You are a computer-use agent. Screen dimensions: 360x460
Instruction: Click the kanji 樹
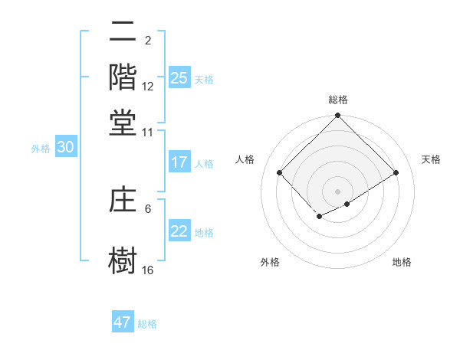123,260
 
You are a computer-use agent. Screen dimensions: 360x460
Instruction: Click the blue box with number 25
179,77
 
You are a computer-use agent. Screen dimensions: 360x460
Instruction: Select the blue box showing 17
179,162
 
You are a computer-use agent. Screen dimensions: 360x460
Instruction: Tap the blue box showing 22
179,231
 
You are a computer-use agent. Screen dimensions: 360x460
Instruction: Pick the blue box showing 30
65,148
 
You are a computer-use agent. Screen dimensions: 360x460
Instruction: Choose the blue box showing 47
123,322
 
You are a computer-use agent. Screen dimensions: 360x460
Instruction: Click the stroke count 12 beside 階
148,86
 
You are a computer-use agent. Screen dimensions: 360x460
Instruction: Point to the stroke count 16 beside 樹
148,270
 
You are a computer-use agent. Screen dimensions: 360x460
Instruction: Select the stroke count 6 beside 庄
148,208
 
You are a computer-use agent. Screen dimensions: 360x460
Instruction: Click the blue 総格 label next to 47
148,324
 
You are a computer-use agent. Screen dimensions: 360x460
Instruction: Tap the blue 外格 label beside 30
41,149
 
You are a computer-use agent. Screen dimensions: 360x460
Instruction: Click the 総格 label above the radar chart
338,100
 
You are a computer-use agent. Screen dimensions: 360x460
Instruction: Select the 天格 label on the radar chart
431,159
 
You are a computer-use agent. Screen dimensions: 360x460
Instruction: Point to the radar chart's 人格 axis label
245,159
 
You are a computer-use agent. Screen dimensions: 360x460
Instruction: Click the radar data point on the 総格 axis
338,116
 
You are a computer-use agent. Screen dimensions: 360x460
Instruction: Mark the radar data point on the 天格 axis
396,172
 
